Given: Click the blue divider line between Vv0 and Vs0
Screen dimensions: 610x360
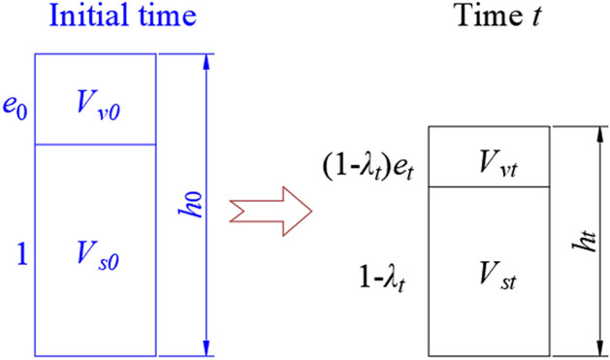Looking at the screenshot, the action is [x=95, y=145].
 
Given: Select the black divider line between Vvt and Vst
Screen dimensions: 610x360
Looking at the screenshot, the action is [x=489, y=186].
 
